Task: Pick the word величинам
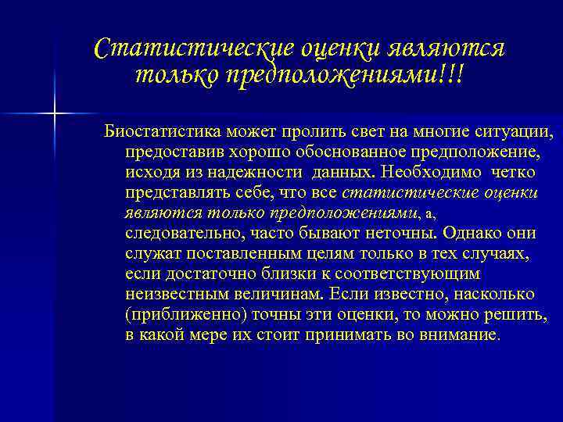pyautogui.click(x=278, y=295)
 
